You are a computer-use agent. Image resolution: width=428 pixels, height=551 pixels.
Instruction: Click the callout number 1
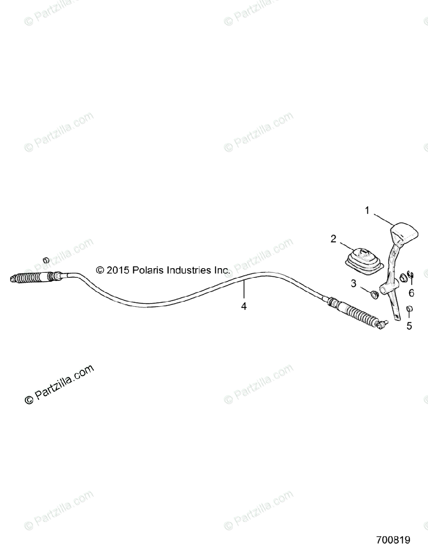pos(367,211)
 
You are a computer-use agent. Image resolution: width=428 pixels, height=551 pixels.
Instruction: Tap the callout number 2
pos(333,238)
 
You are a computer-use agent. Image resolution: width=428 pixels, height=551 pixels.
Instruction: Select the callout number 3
pos(354,284)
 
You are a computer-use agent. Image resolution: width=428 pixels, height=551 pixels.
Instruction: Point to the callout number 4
pos(244,306)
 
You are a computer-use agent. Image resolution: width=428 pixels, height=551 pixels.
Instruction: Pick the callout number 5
pos(409,326)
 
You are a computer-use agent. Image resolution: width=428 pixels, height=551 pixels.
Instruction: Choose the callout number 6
pos(411,292)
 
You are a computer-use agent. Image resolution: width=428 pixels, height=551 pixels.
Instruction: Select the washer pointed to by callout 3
pos(375,293)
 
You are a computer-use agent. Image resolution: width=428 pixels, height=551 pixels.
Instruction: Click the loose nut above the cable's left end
pos(45,261)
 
